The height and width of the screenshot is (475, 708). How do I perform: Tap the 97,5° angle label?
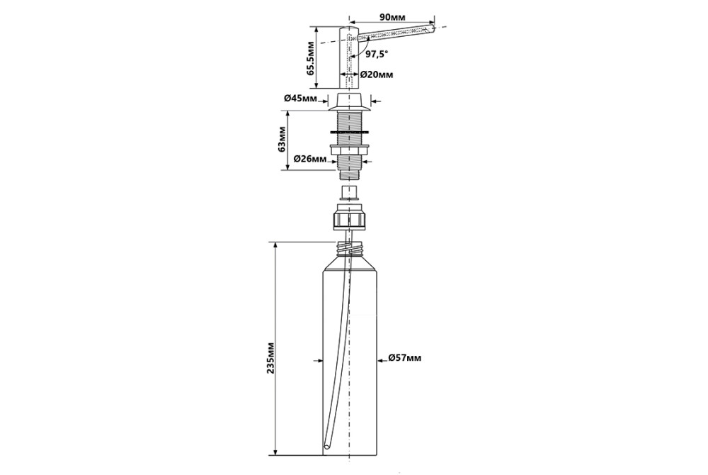[x=377, y=52]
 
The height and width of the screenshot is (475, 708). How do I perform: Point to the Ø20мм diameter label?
[x=377, y=74]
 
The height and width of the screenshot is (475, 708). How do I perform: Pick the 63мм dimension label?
[x=282, y=139]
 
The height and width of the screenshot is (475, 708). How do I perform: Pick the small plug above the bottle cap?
[x=349, y=193]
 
